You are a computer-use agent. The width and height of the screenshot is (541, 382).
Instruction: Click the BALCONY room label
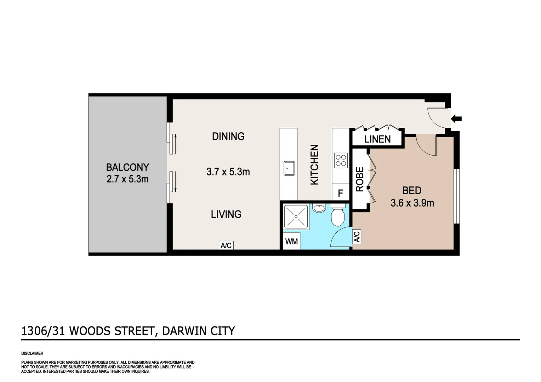click(x=127, y=167)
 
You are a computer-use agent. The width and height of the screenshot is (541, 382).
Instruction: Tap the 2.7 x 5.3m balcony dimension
click(x=127, y=179)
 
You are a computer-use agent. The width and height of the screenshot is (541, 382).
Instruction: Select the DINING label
click(x=228, y=136)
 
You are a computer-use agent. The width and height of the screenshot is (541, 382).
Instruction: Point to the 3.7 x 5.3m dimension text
click(x=228, y=172)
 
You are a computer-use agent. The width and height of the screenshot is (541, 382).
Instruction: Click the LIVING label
click(x=226, y=214)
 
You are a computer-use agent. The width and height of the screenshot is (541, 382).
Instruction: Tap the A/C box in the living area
click(x=226, y=245)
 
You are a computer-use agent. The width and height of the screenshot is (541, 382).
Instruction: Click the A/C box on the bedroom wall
click(x=357, y=236)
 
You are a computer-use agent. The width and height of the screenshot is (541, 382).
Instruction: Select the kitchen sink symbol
click(x=289, y=168)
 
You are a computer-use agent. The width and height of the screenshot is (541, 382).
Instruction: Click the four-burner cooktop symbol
click(x=341, y=160)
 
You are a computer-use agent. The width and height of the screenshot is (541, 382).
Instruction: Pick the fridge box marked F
click(x=340, y=193)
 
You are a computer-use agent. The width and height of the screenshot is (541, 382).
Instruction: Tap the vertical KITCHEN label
click(x=314, y=164)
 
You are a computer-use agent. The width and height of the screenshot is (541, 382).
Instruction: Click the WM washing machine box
click(x=291, y=242)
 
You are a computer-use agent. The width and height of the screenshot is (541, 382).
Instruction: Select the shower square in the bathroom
click(x=296, y=216)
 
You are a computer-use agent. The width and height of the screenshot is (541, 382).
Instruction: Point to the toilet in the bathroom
click(x=337, y=215)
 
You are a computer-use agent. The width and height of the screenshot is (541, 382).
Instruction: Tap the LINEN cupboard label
click(x=377, y=139)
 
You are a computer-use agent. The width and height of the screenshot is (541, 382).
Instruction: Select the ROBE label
click(x=359, y=179)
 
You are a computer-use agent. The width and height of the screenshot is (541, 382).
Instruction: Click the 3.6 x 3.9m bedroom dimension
click(x=412, y=203)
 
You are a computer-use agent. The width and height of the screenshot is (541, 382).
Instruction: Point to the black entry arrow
click(x=456, y=119)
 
